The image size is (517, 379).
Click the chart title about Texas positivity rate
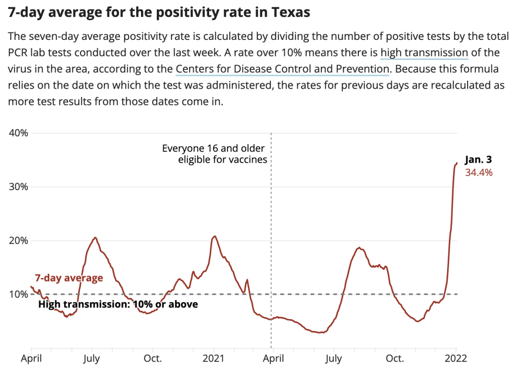(159, 12)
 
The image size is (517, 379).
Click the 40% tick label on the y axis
(18, 133)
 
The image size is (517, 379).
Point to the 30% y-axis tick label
(18, 187)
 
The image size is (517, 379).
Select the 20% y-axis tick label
(18, 241)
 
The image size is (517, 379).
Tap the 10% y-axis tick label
(18, 294)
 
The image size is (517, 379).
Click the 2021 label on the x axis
(213, 358)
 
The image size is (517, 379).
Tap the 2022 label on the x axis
(456, 358)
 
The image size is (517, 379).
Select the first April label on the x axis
(31, 358)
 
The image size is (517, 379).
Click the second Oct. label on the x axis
(395, 358)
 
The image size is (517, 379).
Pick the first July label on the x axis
(92, 358)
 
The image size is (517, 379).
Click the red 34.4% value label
(478, 172)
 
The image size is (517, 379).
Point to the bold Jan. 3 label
(478, 160)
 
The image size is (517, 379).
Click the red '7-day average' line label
(69, 278)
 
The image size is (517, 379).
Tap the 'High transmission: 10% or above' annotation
(117, 304)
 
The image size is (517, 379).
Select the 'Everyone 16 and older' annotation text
(214, 148)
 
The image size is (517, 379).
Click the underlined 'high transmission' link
(424, 53)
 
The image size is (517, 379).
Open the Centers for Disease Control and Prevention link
(282, 69)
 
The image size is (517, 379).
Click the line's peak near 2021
(214, 236)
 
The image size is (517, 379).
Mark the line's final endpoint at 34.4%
(457, 163)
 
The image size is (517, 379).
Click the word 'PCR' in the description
(19, 53)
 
